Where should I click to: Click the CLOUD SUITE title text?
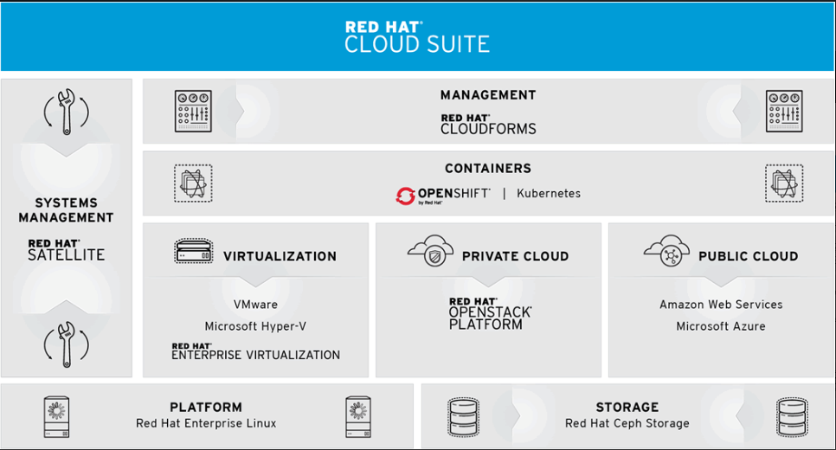pyautogui.click(x=417, y=44)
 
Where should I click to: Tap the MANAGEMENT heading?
pyautogui.click(x=488, y=95)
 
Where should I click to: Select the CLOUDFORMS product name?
pyautogui.click(x=488, y=129)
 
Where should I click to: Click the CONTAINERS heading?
pyautogui.click(x=488, y=169)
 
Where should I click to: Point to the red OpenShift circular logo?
pyautogui.click(x=405, y=196)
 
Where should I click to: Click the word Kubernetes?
pyautogui.click(x=549, y=194)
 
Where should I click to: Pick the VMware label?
pyautogui.click(x=255, y=305)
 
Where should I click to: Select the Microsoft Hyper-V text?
pyautogui.click(x=255, y=326)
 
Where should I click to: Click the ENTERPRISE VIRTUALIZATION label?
pyautogui.click(x=255, y=355)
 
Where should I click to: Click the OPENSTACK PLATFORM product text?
pyautogui.click(x=490, y=318)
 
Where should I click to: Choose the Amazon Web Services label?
pyautogui.click(x=721, y=305)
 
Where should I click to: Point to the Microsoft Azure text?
pyautogui.click(x=721, y=326)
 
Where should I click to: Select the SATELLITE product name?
pyautogui.click(x=66, y=255)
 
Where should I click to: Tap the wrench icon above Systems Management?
pyautogui.click(x=66, y=112)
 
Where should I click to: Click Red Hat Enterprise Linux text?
pyautogui.click(x=206, y=423)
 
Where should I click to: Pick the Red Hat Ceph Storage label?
pyautogui.click(x=627, y=423)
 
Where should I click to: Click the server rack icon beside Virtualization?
pyautogui.click(x=194, y=251)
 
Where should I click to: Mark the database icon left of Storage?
pyautogui.click(x=463, y=417)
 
